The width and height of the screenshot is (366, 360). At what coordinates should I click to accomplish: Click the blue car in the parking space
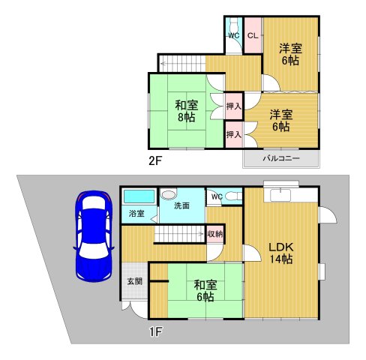[x=94, y=236]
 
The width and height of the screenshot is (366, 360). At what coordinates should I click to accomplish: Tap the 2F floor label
[x=155, y=160]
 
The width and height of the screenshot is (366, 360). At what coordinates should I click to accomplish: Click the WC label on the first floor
[x=216, y=197]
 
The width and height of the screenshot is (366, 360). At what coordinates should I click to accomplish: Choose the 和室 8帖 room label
[x=186, y=111]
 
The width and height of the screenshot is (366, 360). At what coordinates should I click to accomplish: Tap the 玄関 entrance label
[x=134, y=281]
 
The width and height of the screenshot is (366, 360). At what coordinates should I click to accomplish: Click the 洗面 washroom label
[x=182, y=205]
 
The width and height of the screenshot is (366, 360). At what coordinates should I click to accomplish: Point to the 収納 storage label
[x=215, y=235]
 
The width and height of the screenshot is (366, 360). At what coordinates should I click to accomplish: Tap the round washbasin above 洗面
[x=168, y=191]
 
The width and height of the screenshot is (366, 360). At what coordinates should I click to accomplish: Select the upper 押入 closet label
[x=233, y=107]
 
